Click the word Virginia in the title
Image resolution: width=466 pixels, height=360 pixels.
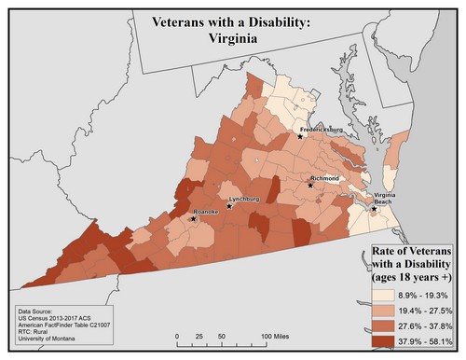225,41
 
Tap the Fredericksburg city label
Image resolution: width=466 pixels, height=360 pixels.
322,122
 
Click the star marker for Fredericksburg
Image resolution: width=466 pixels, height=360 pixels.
300,136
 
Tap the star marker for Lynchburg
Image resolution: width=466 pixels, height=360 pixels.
229,206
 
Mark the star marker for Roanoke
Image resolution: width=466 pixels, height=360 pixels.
194,220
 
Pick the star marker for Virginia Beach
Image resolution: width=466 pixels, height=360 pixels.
374,208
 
